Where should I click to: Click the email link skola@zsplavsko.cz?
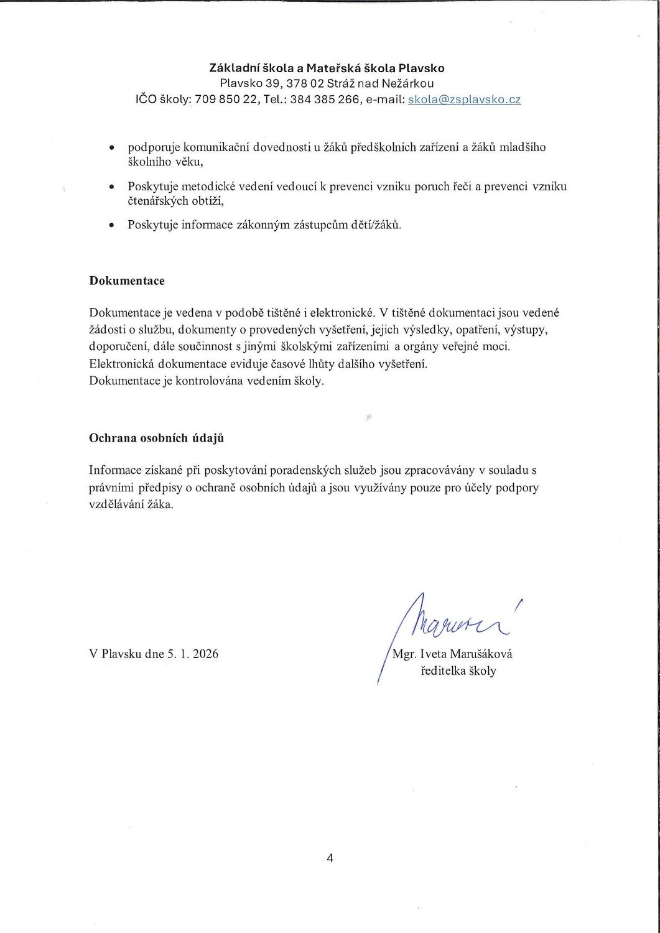click(x=464, y=100)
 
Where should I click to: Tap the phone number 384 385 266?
click(x=325, y=100)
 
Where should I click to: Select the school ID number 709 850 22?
click(x=226, y=100)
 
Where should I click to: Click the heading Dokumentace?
click(x=127, y=281)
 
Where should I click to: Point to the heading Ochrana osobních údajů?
click(x=157, y=438)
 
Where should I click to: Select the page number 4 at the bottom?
click(x=330, y=858)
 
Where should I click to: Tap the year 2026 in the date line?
click(x=205, y=654)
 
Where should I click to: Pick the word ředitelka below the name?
click(x=445, y=671)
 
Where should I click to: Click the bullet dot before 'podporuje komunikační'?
click(x=111, y=148)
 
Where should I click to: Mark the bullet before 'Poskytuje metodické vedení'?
click(x=111, y=187)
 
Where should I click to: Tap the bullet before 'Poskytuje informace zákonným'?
click(x=111, y=225)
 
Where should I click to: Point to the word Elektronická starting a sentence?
click(x=121, y=364)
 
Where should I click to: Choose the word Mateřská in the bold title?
click(x=327, y=68)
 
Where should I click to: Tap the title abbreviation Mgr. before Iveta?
click(x=405, y=654)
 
